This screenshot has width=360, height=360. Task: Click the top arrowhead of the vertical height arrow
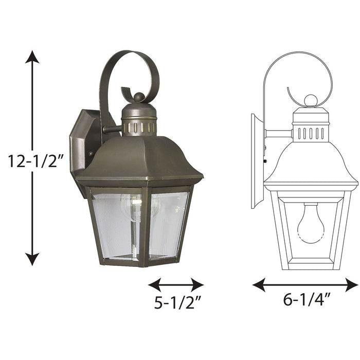pyautogui.click(x=32, y=57)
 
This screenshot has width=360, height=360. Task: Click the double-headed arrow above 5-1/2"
pyautogui.click(x=175, y=284)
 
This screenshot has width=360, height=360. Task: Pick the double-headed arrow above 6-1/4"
pyautogui.click(x=305, y=284)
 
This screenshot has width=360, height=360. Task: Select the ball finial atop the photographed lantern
pyautogui.click(x=139, y=97)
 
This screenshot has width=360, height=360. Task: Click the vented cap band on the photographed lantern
pyautogui.click(x=139, y=127)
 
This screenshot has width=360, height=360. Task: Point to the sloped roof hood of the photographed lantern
pyautogui.click(x=139, y=157)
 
